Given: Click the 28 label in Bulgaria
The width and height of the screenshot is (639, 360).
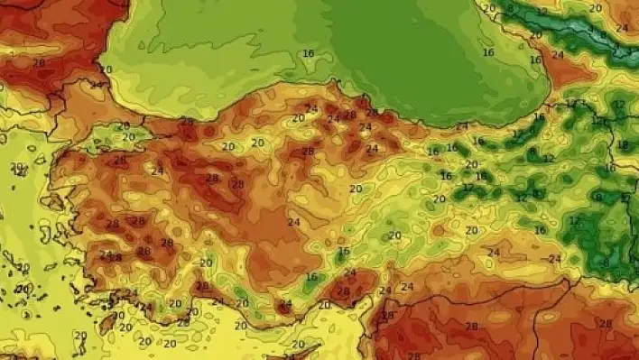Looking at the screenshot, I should coord(39,62).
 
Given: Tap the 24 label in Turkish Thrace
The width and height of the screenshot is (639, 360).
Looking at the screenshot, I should coord(97,86).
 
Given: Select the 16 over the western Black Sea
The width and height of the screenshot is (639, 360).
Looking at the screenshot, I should coord(309,53).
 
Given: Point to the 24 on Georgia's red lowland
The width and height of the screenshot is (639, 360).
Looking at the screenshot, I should coord(558,54).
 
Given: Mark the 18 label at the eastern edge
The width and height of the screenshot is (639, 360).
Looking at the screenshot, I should coord(622,144).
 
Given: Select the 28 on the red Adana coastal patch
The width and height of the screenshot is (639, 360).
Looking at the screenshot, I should coord(342,291).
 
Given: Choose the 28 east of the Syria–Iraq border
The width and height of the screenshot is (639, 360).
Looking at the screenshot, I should coord(605,324).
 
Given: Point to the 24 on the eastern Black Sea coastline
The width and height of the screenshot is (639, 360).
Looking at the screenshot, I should coord(462,126).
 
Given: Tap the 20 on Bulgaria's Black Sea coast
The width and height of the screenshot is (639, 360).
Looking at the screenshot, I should coord(106,69).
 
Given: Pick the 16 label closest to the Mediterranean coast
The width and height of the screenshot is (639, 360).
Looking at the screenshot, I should coord(311,277).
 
